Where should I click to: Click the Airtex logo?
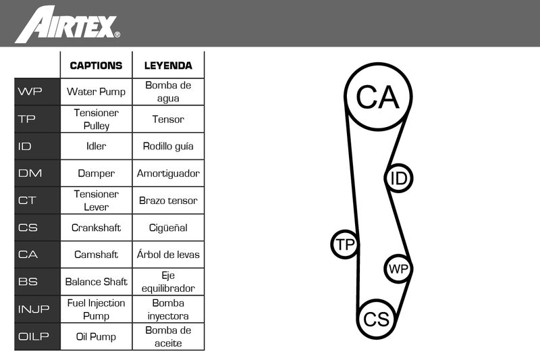[x=67, y=24]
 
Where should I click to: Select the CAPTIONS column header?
[x=96, y=66]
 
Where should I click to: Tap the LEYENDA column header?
[x=168, y=66]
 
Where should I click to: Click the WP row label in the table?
[x=30, y=92]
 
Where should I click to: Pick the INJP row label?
[x=34, y=309]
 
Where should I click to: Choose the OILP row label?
[x=33, y=336]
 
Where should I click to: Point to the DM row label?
[x=30, y=173]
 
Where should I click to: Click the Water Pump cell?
[x=96, y=92]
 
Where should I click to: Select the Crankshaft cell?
[x=96, y=228]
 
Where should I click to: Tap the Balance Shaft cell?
[x=96, y=282]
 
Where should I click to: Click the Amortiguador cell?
[x=168, y=174]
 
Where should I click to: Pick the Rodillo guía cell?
[x=168, y=147]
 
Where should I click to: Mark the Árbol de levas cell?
[x=168, y=255]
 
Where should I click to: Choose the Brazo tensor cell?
[x=168, y=201]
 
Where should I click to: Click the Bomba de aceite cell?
[x=168, y=336]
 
